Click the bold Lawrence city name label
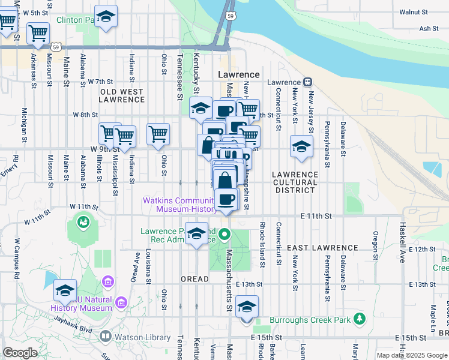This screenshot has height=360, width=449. (238, 75)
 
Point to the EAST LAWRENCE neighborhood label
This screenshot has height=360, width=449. (322, 248)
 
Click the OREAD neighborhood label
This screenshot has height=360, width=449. (195, 279)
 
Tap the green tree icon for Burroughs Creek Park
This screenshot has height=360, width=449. (359, 318)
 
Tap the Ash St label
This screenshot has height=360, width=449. (429, 28)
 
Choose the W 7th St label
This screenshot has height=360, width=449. (100, 81)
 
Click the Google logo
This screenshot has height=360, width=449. (20, 353)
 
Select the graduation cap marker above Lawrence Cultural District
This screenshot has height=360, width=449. (301, 146)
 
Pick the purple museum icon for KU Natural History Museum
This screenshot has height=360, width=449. (109, 281)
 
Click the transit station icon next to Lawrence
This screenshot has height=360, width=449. (307, 82)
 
